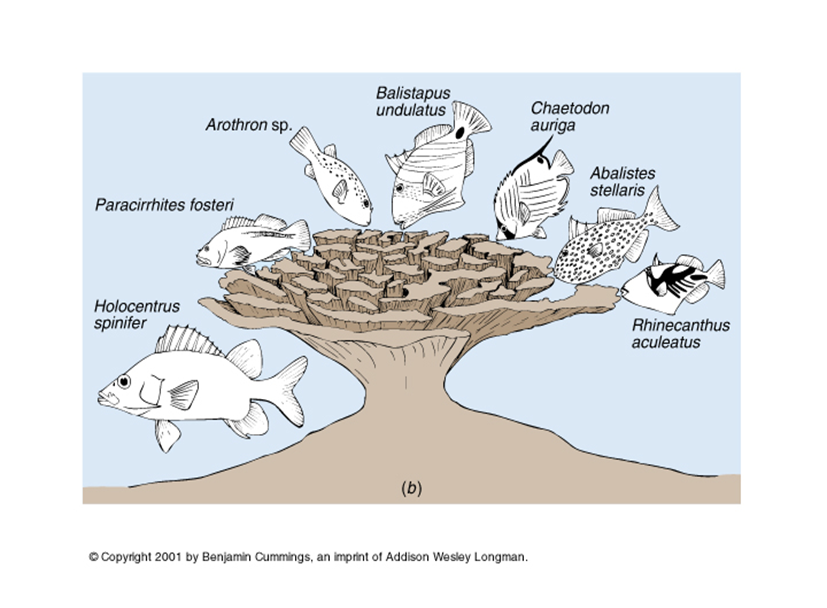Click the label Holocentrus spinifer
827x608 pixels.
point(135,316)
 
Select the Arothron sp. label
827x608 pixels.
point(248,125)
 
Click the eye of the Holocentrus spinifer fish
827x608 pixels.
point(124,382)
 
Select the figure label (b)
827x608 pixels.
point(411,488)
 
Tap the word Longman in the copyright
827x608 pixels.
point(500,556)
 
